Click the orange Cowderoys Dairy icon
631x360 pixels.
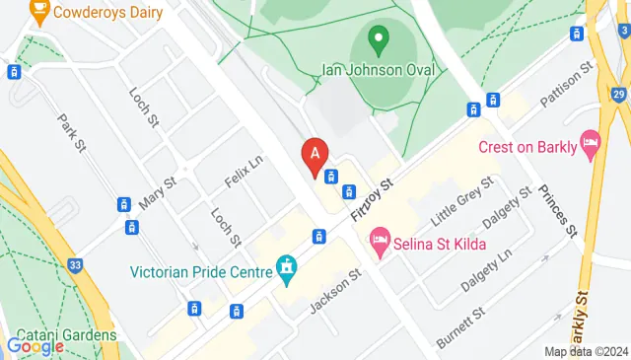point(39,13)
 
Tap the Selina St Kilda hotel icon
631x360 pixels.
point(379,241)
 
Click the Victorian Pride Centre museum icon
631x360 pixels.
point(287,268)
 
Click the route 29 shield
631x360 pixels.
point(618,95)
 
